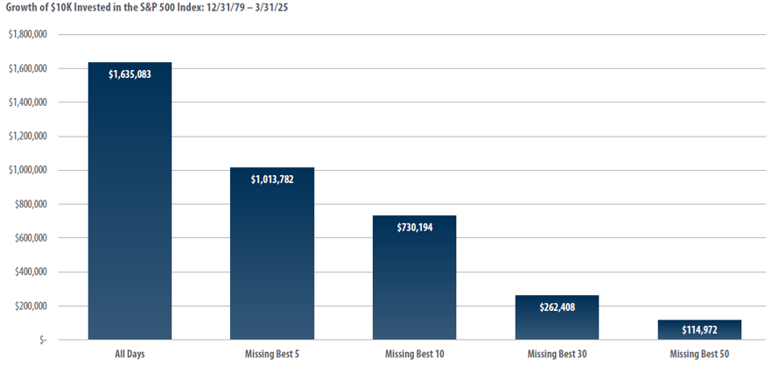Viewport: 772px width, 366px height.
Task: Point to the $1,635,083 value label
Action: pos(130,74)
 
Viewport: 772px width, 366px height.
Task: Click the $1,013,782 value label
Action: pos(271,179)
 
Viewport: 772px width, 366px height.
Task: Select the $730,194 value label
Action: pos(414,227)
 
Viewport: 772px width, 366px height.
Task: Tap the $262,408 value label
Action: pos(557,307)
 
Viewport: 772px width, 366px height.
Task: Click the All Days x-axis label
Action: pos(130,353)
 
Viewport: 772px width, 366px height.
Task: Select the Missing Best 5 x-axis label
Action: pos(271,353)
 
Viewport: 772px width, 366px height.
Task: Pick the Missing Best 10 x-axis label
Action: pos(414,353)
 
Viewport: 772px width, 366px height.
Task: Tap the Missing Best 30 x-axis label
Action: pos(557,353)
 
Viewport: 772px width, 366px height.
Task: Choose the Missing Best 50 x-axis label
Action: pos(698,353)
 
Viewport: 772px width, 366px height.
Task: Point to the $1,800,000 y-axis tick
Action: pos(27,35)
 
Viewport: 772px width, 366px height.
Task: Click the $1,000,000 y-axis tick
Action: pos(27,171)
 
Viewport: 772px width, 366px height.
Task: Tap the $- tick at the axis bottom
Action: pos(42,340)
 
